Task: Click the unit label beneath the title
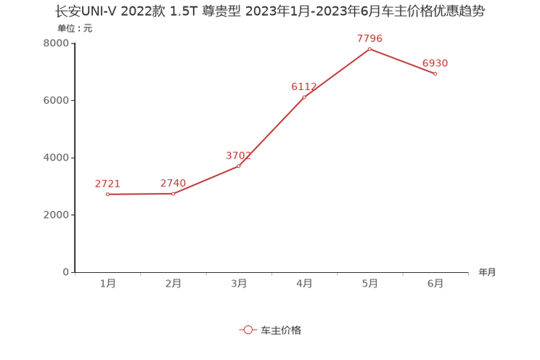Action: [75, 30]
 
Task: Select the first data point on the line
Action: [107, 195]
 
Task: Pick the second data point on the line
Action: [173, 194]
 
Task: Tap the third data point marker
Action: [239, 165]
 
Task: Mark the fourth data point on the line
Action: [304, 97]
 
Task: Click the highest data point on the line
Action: [369, 49]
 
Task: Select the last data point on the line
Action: [435, 73]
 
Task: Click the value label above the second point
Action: [173, 183]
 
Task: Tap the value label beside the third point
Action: [239, 155]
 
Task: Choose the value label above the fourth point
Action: [304, 86]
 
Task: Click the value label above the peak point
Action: [369, 38]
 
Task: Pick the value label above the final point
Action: [435, 63]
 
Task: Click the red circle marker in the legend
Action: [247, 330]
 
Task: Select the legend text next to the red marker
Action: [280, 330]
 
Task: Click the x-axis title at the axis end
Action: [486, 272]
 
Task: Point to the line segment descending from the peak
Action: [402, 61]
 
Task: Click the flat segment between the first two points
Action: [140, 195]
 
